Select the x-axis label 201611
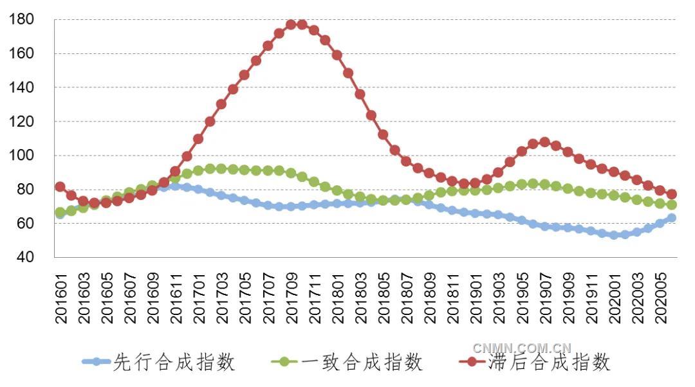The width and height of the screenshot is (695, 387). [x=176, y=292]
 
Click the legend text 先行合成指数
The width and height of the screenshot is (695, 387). [x=174, y=363]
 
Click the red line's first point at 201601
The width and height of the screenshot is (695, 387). [x=60, y=187]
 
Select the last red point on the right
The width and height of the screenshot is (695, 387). [x=671, y=194]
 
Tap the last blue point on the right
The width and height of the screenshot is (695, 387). [x=671, y=218]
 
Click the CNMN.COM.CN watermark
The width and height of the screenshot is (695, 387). [x=522, y=348]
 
